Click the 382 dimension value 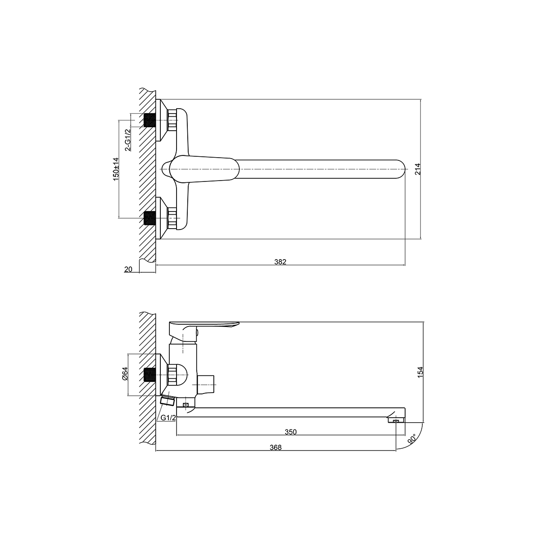(x=280, y=261)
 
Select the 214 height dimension (x=417, y=169)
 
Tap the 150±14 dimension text (x=116, y=169)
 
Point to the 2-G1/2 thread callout (x=128, y=140)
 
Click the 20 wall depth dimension (x=128, y=269)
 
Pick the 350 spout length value (x=291, y=432)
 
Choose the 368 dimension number (x=275, y=447)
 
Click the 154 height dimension (x=420, y=372)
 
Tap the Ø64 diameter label (x=125, y=373)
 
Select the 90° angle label (x=412, y=439)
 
